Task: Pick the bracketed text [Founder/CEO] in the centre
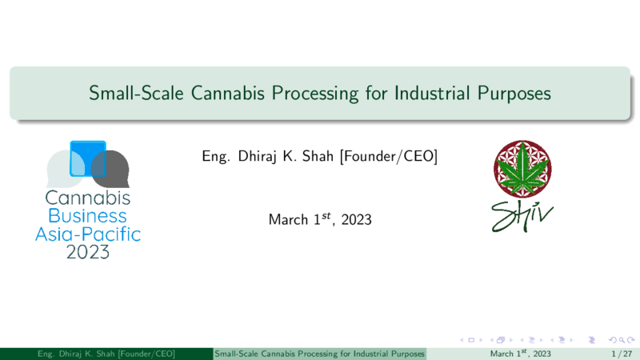click(389, 156)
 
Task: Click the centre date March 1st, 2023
click(320, 219)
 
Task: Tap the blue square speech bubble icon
click(88, 158)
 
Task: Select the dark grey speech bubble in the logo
click(111, 169)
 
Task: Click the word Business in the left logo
click(87, 216)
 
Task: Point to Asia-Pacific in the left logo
click(88, 234)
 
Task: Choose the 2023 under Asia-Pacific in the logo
click(88, 252)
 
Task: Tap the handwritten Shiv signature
click(522, 216)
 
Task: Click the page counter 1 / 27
click(622, 354)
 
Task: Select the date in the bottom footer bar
click(521, 354)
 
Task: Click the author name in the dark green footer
click(106, 354)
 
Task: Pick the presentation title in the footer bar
click(319, 354)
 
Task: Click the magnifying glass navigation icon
click(622, 340)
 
